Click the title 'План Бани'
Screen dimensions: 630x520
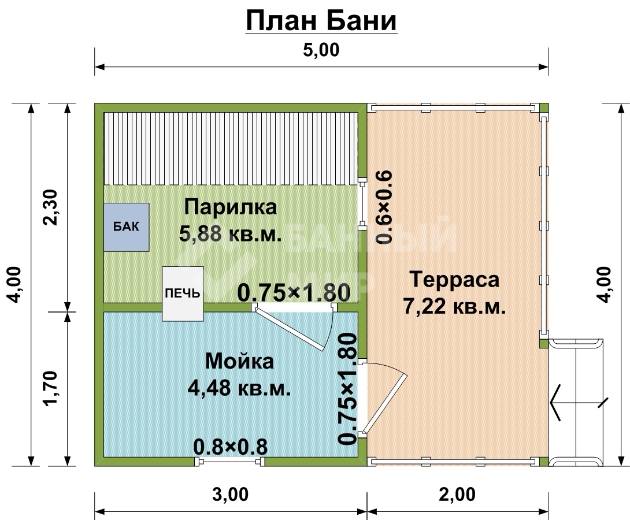tap(321, 21)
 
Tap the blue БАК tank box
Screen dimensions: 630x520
tap(127, 227)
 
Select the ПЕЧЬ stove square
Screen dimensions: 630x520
tap(183, 294)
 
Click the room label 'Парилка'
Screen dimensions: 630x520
tap(231, 207)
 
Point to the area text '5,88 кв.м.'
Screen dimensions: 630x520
tap(230, 233)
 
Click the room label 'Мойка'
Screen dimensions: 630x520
tap(239, 361)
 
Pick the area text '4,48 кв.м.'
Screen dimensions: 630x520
tap(239, 388)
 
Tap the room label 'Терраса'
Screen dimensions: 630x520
tap(454, 280)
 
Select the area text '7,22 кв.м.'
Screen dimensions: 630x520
tap(454, 307)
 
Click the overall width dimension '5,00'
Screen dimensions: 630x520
tap(321, 50)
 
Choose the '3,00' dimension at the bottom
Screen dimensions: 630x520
tap(230, 495)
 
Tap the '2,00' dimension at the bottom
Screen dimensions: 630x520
tap(457, 495)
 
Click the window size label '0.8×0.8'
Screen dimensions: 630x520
tap(230, 447)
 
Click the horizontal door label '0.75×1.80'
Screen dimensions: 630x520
tap(294, 293)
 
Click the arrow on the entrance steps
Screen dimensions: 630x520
tap(579, 402)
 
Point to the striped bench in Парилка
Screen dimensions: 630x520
tap(231, 148)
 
